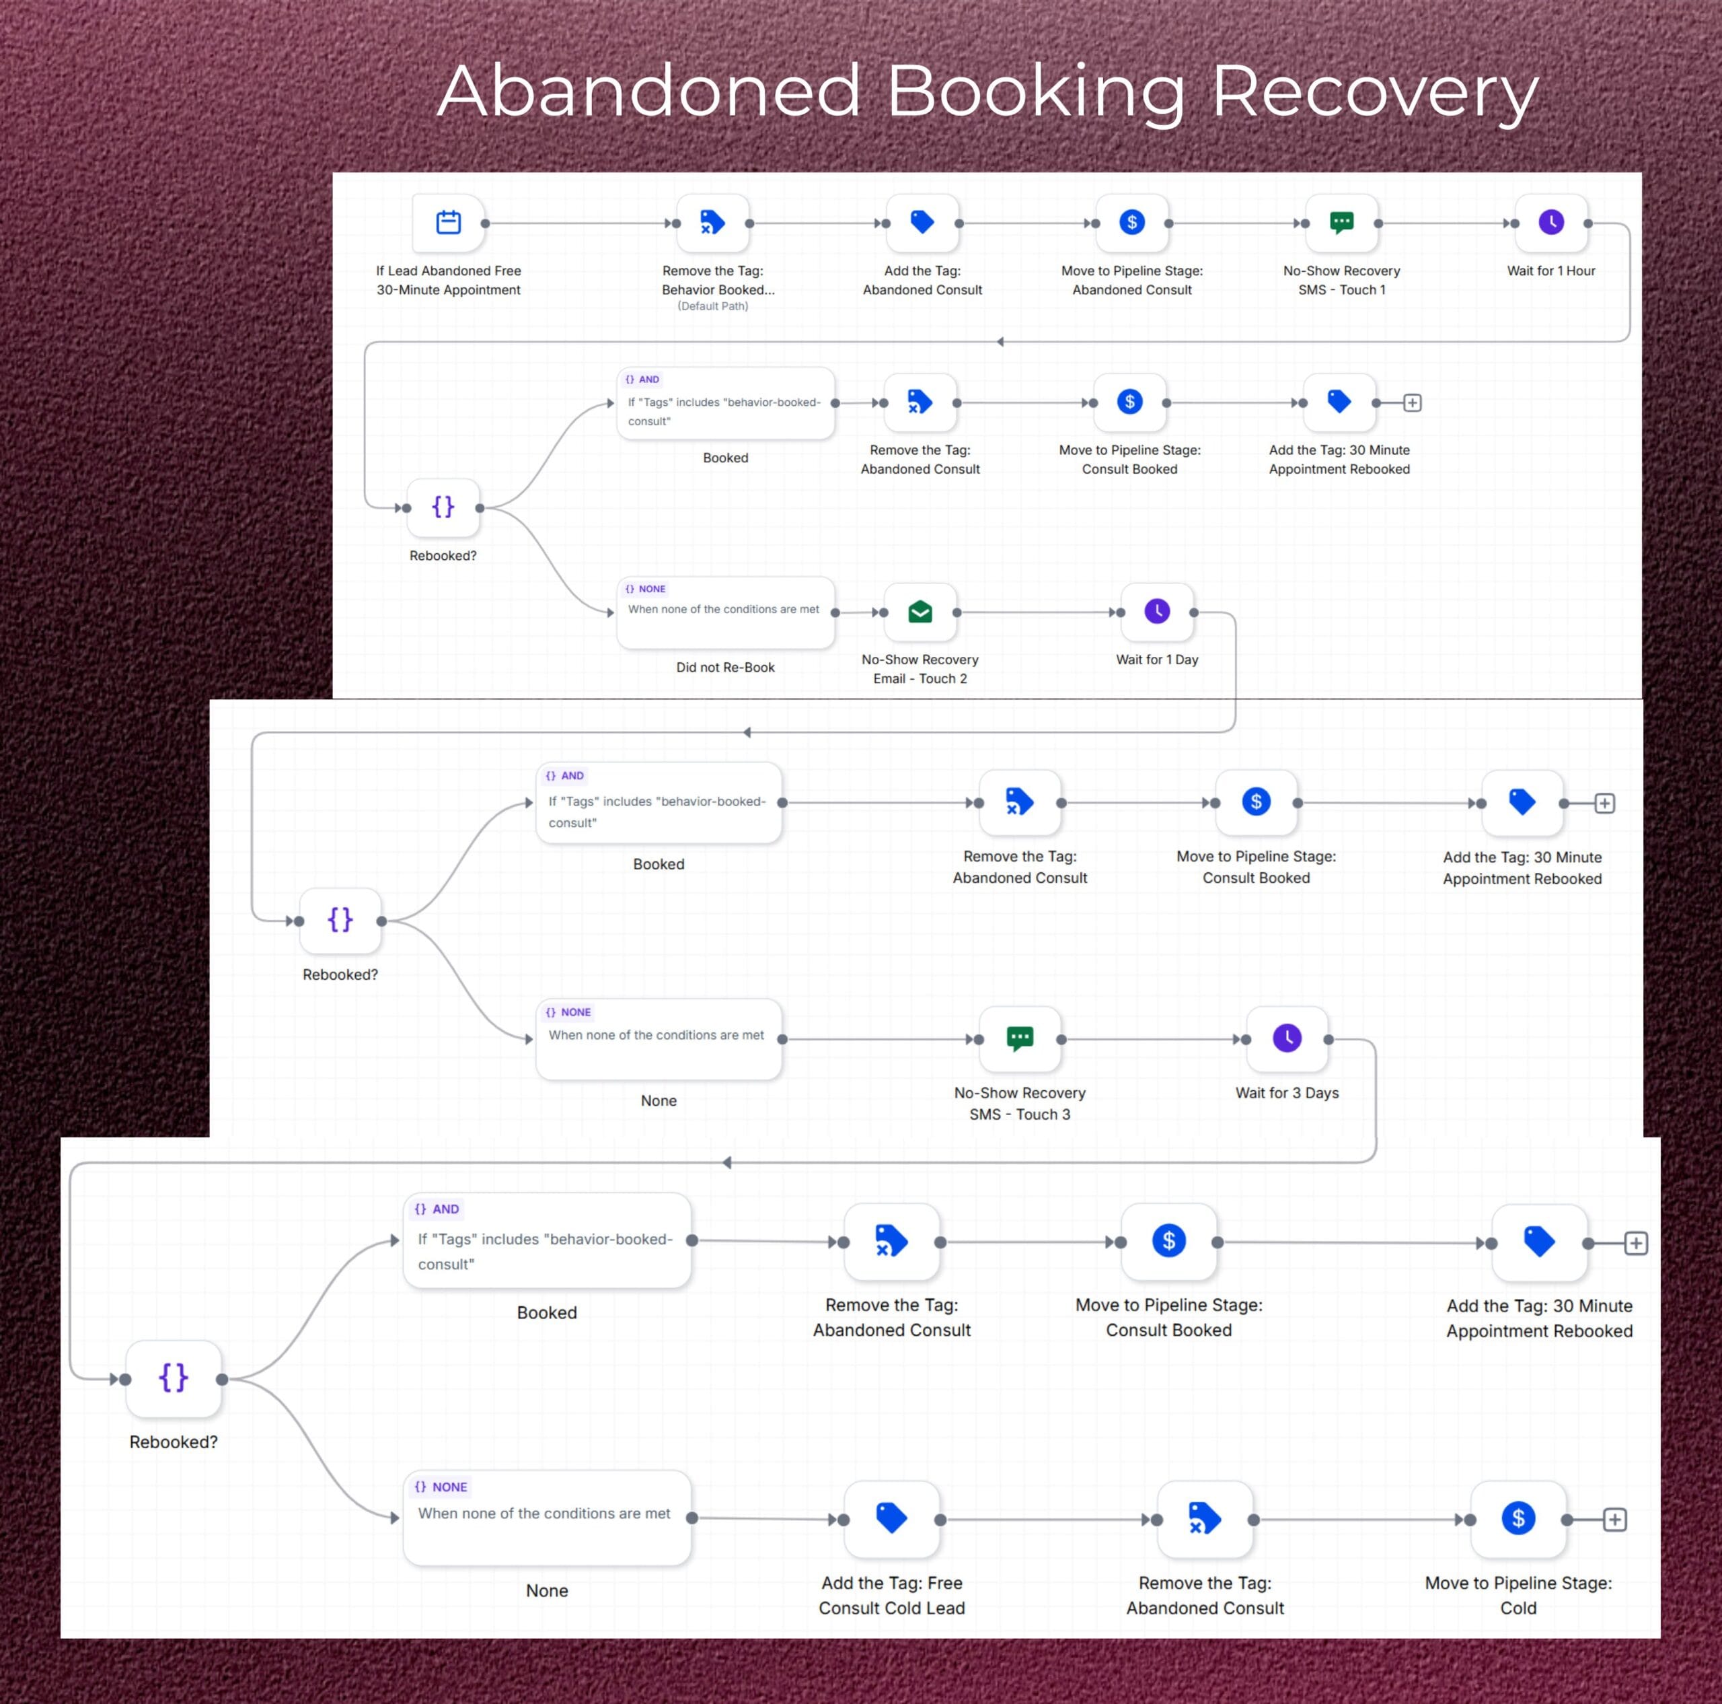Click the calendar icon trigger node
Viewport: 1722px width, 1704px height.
(449, 222)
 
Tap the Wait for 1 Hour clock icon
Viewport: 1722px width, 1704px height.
(1551, 222)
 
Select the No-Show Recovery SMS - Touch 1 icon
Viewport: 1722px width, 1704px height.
(1341, 222)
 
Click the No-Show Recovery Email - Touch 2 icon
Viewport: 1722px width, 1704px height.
(920, 612)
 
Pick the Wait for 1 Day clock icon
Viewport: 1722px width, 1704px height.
(1157, 612)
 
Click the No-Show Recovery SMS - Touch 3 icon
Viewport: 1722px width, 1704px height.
(1020, 1039)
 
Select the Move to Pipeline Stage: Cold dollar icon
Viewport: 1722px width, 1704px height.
(1518, 1518)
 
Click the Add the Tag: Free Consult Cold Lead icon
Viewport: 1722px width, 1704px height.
(891, 1518)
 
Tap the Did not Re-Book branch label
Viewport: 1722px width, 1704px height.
(726, 667)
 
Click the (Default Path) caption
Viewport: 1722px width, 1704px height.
(713, 306)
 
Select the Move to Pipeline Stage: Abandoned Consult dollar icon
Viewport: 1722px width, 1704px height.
(1132, 222)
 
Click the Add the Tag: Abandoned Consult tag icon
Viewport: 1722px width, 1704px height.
(922, 222)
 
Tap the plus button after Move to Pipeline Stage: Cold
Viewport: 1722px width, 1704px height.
(1615, 1520)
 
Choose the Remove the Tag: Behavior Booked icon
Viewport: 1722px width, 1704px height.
(712, 222)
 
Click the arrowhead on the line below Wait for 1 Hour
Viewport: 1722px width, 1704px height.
(1000, 341)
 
